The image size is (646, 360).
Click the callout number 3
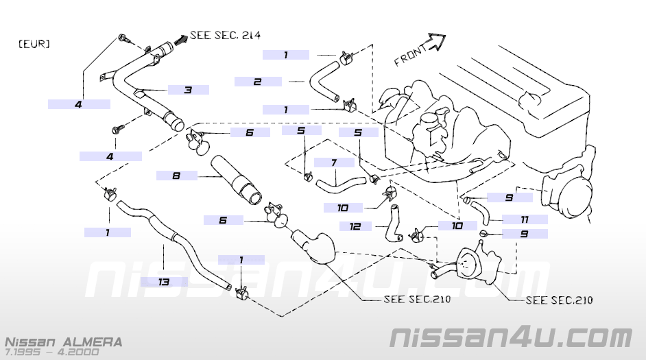(187, 90)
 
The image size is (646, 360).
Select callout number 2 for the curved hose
(257, 82)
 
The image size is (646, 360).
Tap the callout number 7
(333, 163)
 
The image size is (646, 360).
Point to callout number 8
(176, 176)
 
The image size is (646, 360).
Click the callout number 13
(165, 281)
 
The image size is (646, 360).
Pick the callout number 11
(525, 219)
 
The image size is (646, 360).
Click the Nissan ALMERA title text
(64, 341)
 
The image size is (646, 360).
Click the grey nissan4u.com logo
(511, 337)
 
